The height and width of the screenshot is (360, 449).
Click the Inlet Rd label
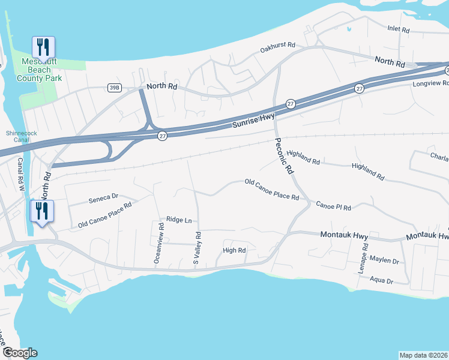tap(399, 29)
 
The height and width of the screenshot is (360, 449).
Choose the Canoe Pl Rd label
tap(334, 206)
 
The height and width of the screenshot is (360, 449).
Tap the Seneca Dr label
tap(104, 197)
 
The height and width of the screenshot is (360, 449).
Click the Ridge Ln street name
tap(179, 220)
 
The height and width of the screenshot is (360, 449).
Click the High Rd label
tap(234, 250)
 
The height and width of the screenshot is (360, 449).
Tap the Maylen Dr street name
tap(384, 261)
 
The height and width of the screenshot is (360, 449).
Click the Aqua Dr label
tap(381, 280)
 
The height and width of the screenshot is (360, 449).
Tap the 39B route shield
tap(114, 88)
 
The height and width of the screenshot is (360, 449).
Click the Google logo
tap(19, 353)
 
